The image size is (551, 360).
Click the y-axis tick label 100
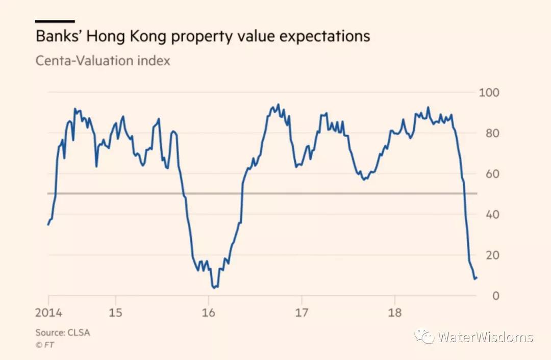(489, 93)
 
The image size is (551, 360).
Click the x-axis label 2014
(48, 312)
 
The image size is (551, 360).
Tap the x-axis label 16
(209, 312)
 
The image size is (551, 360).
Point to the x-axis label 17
(302, 312)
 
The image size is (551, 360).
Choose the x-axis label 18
(395, 312)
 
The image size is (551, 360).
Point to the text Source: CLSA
(63, 332)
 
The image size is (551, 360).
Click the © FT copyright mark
(45, 345)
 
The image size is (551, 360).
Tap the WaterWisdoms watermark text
(485, 337)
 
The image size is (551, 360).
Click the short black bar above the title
(55, 21)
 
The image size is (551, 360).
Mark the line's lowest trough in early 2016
(214, 288)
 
